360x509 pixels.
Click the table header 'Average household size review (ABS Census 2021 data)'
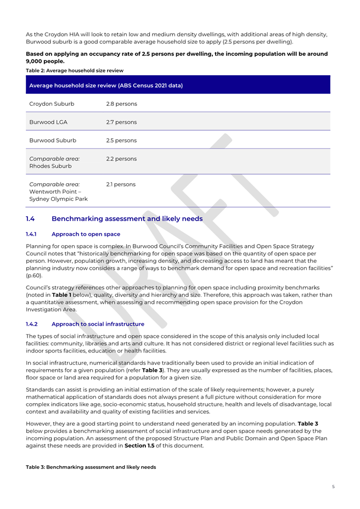(x=106, y=86)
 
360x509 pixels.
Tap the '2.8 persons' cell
(x=122, y=103)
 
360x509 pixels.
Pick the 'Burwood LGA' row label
(x=48, y=122)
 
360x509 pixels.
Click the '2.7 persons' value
(x=122, y=122)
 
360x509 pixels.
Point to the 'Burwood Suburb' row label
(x=53, y=140)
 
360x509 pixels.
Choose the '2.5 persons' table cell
(x=122, y=140)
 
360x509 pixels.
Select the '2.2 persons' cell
(x=122, y=159)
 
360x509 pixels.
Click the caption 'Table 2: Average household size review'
(x=75, y=70)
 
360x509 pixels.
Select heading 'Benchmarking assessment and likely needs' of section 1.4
(x=127, y=219)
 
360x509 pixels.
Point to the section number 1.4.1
(x=33, y=234)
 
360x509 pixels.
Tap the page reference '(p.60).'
(x=34, y=275)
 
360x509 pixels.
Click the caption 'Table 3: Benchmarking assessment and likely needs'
(x=91, y=467)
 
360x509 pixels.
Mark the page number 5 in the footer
(x=333, y=487)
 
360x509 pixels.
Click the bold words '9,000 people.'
(x=46, y=61)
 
